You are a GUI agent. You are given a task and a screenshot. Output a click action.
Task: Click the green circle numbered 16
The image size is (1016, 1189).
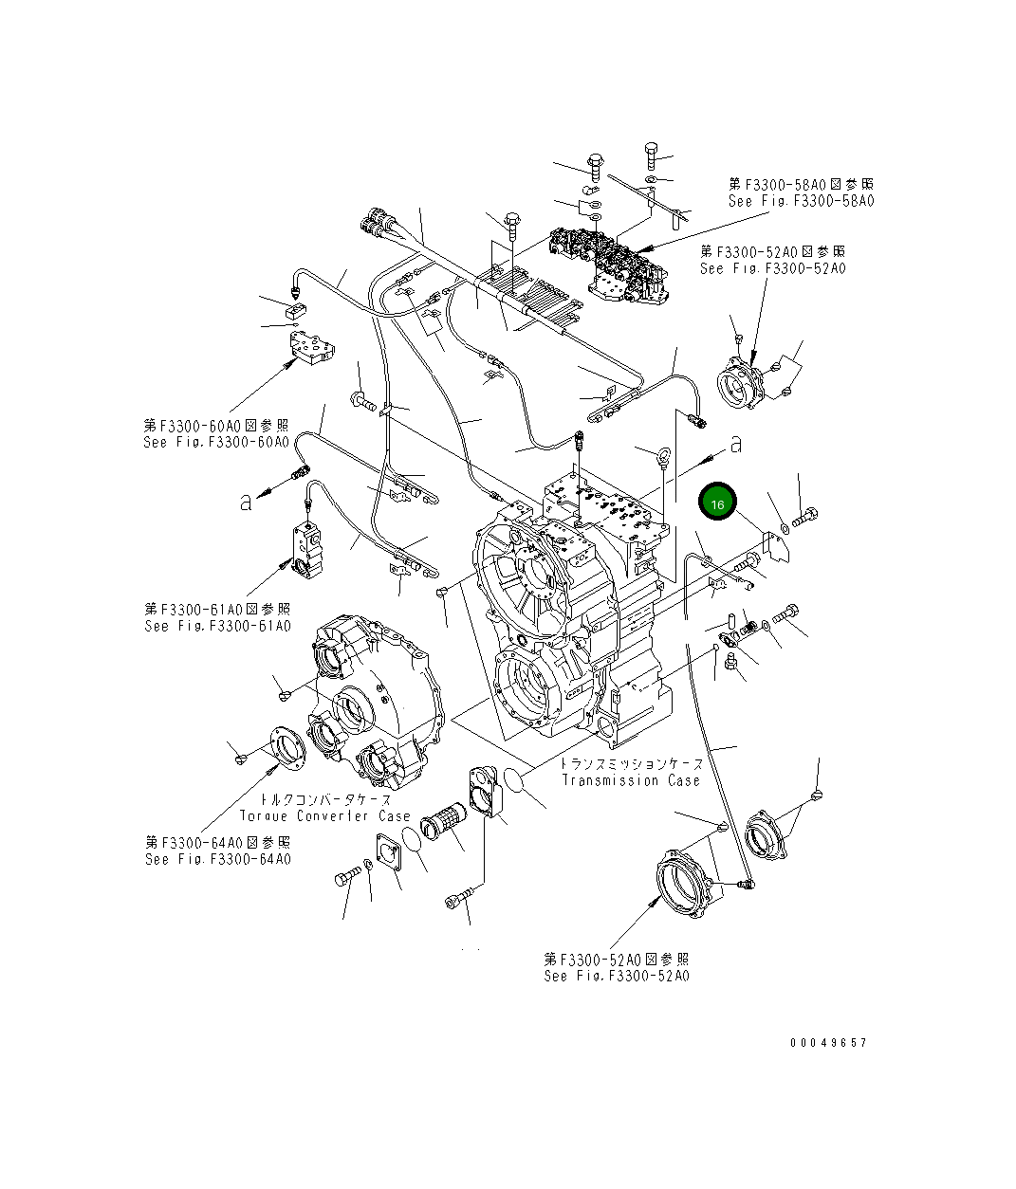[717, 503]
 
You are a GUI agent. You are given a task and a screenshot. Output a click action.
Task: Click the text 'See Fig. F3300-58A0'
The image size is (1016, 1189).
[801, 201]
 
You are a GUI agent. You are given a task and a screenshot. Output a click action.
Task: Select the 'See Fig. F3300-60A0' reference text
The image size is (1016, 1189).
[216, 442]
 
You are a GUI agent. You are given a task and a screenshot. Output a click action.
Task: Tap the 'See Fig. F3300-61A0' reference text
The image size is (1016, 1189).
[217, 626]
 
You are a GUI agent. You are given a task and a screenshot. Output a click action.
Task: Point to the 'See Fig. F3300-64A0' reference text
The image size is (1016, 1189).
[217, 859]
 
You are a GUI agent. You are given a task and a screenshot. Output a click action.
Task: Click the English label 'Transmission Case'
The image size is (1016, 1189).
[631, 780]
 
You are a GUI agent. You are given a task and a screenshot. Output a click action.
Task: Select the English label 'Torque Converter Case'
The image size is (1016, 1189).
[324, 815]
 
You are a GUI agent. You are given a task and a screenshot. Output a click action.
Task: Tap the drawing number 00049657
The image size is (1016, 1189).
[828, 1042]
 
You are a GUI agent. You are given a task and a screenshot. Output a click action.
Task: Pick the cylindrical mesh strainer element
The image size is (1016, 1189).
[441, 820]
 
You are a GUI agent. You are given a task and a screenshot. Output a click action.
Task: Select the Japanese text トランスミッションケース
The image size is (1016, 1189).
[631, 763]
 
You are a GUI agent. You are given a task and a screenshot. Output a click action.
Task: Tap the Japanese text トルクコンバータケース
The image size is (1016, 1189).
[324, 799]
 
